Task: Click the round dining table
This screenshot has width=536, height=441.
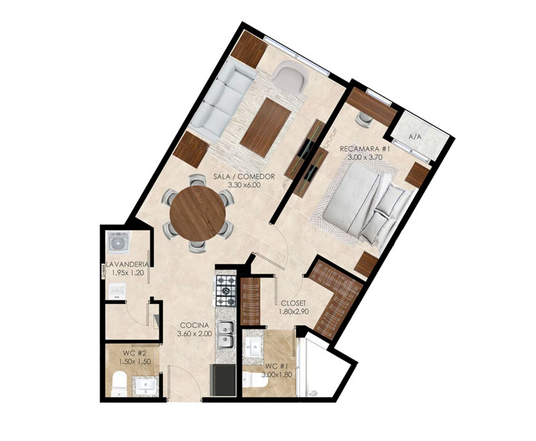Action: point(198,213)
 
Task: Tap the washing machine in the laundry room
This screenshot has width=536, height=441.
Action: point(119,243)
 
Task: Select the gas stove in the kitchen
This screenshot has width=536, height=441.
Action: point(226,290)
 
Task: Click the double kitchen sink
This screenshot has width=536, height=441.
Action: point(226,335)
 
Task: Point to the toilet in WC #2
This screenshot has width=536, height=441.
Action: point(119,383)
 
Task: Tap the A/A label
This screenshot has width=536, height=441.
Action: point(415,137)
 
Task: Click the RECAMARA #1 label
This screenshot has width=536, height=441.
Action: point(364,149)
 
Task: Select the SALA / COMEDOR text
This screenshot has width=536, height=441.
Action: point(244,177)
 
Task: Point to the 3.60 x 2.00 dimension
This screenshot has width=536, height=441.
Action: point(194,333)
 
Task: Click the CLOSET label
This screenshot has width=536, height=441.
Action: point(293,303)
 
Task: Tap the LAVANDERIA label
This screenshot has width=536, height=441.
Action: point(127,264)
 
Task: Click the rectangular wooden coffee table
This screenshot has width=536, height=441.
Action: point(265,128)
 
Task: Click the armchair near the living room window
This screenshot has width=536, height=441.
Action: point(290,77)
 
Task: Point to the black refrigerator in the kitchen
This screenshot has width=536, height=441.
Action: point(223,380)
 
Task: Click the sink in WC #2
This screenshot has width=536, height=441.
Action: point(146,386)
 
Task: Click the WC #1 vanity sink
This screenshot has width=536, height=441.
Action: point(253,347)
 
